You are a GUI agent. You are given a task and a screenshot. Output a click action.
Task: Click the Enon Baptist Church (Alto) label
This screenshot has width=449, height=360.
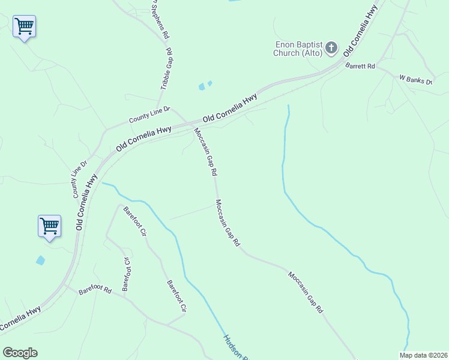point(299,48)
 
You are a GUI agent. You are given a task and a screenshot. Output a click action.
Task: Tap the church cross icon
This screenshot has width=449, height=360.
point(332,48)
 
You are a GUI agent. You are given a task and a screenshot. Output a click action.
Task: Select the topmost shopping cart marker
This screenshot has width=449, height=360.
point(24,26)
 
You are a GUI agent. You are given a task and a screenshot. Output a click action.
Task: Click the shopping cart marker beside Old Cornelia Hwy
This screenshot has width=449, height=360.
point(49,226)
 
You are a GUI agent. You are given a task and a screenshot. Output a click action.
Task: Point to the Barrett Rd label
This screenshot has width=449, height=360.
point(360,66)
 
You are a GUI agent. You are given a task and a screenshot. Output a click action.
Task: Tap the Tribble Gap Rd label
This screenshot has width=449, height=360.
point(166,69)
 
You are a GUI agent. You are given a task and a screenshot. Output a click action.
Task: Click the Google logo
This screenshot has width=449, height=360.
point(20,353)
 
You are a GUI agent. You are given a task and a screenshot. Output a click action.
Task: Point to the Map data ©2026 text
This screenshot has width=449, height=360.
point(423,355)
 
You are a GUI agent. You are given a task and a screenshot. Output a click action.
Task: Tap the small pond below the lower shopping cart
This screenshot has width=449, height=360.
point(40,260)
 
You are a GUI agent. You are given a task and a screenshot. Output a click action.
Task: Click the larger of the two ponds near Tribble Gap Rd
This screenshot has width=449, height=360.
point(202,87)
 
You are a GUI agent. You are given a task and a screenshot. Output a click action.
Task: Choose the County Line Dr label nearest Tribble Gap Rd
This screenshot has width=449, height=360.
point(150,115)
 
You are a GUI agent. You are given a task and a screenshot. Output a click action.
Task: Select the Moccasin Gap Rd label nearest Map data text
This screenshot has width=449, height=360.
point(305,292)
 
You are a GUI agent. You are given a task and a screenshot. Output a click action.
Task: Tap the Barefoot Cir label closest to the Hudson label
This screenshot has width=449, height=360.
point(176,296)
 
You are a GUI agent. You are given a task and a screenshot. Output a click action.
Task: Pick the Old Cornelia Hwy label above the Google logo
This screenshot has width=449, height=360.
point(21,319)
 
